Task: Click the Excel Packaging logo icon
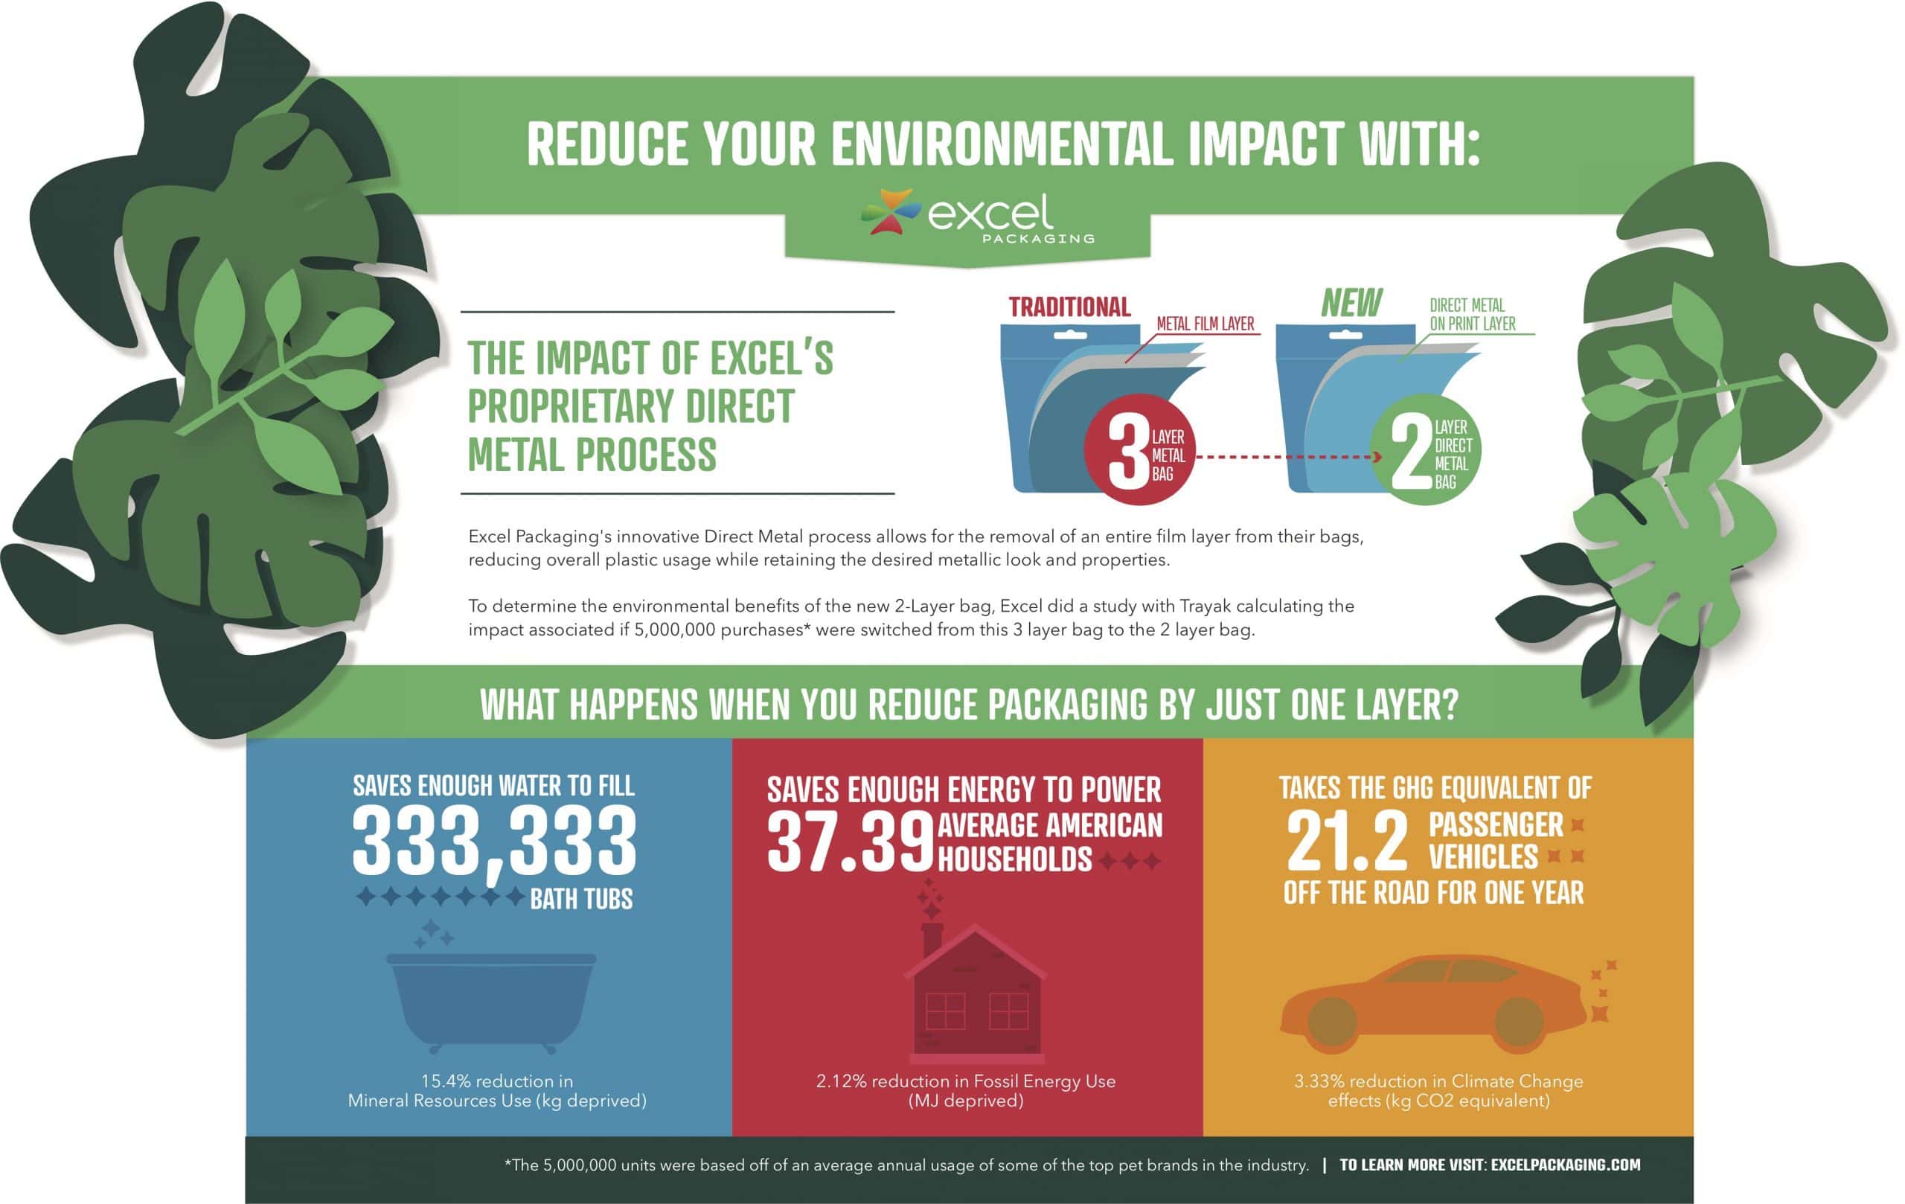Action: [x=891, y=212]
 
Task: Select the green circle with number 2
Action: [x=1425, y=450]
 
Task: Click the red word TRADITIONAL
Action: [x=1069, y=307]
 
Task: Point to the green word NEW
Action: [x=1351, y=303]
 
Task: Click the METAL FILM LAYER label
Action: [x=1205, y=324]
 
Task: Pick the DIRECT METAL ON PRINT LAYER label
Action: [x=1472, y=314]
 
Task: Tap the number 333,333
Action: [x=494, y=841]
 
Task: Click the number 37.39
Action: [x=851, y=843]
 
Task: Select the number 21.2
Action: [x=1347, y=841]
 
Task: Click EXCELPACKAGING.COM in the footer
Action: [x=1566, y=1165]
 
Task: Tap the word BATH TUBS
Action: [x=581, y=899]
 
